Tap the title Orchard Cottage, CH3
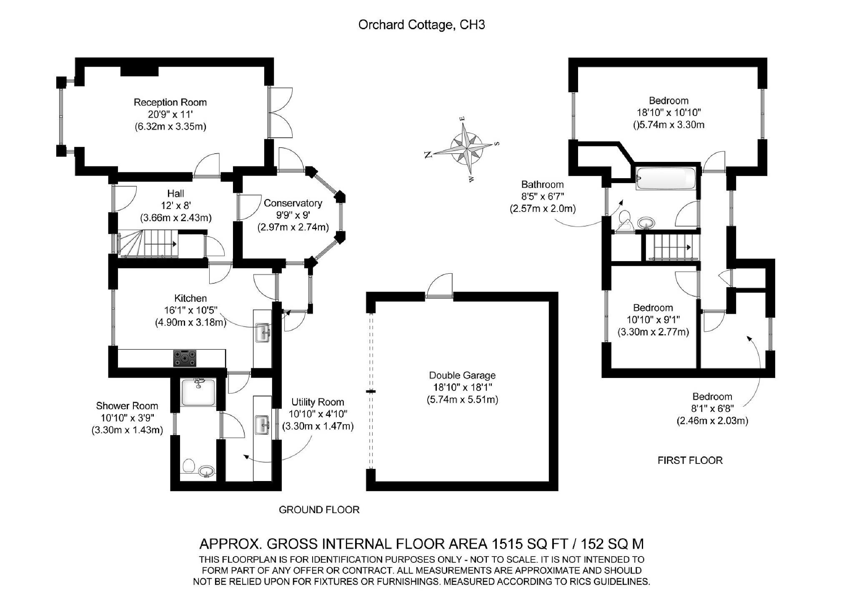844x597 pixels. coord(421,25)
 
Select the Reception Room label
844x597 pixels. coord(170,102)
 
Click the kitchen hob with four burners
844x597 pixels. coord(185,358)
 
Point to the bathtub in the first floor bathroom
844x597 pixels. coord(666,179)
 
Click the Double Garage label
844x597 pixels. coord(462,375)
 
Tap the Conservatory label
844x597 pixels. coord(293,203)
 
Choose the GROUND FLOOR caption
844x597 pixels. coord(319,510)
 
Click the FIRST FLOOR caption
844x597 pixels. coord(690,461)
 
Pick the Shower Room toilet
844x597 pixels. coord(189,465)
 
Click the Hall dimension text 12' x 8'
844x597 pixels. coord(176,205)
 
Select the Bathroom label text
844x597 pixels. coord(542,184)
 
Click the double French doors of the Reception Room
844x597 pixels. coord(280,112)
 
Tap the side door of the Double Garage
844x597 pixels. coord(439,286)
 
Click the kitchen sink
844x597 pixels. coord(263,333)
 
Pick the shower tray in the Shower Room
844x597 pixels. coord(198,392)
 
